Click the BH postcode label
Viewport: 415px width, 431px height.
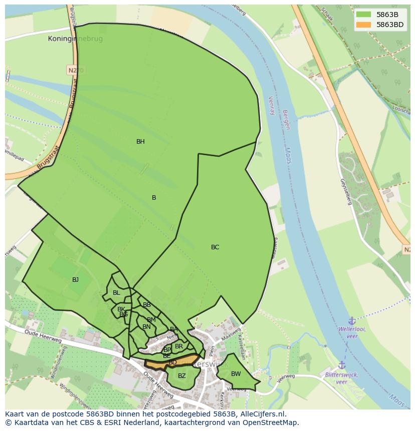click(140, 142)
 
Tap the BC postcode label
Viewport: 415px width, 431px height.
click(215, 247)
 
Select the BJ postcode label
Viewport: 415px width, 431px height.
click(75, 280)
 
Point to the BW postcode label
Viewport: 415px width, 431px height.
click(236, 374)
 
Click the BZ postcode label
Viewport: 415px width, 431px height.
click(182, 376)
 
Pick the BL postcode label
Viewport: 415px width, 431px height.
click(116, 293)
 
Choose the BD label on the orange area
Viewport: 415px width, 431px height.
click(172, 362)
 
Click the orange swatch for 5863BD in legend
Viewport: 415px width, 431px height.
click(363, 25)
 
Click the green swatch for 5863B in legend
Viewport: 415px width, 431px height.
click(363, 15)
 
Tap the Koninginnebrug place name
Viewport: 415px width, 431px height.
click(75, 39)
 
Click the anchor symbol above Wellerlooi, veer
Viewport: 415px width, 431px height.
click(352, 320)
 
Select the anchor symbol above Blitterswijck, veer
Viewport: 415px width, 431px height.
click(342, 365)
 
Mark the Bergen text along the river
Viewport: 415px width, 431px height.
click(286, 120)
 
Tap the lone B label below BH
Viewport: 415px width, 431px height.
click(154, 198)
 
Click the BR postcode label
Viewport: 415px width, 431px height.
click(179, 346)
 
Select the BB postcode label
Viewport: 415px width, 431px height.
click(147, 305)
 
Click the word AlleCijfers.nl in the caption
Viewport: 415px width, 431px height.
click(261, 414)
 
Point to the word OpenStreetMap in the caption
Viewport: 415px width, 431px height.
click(273, 422)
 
